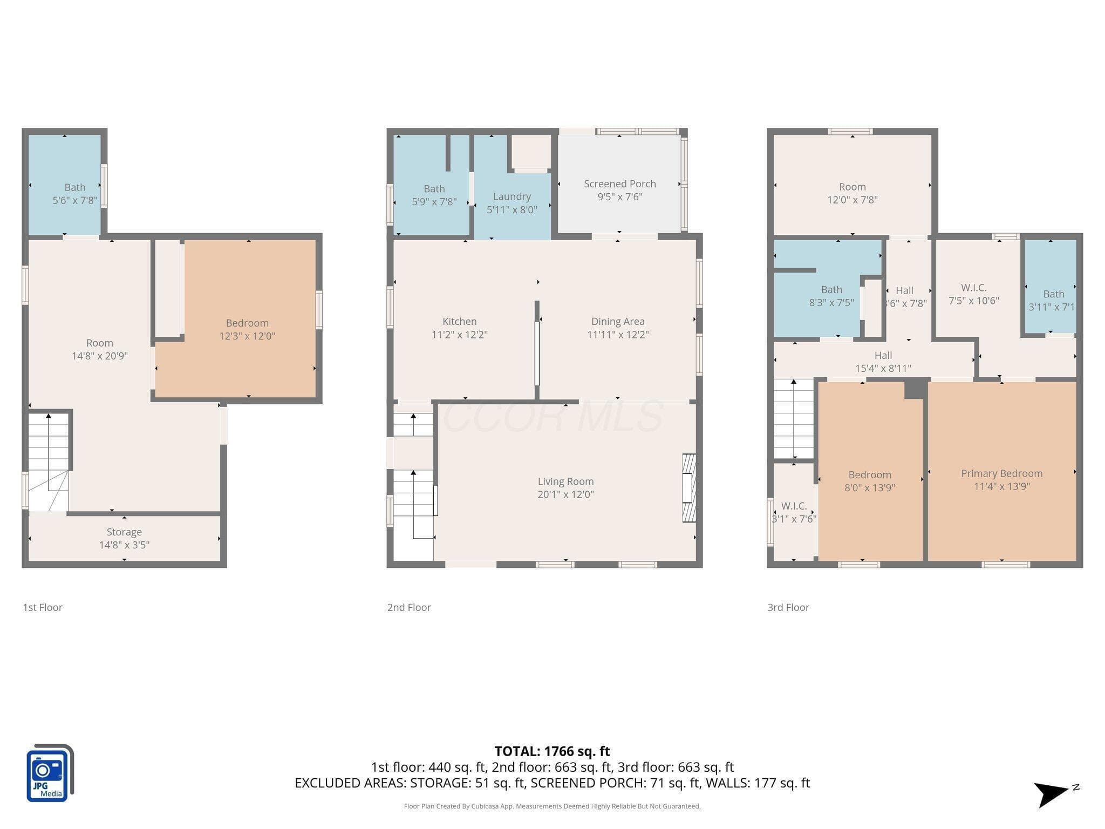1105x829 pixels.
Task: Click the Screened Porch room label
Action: click(x=620, y=184)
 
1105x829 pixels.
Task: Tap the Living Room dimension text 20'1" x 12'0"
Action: click(x=565, y=494)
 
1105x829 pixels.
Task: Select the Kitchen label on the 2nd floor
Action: click(x=460, y=322)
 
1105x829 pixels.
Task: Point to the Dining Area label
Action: click(x=618, y=322)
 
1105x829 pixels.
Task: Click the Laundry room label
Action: click(x=512, y=197)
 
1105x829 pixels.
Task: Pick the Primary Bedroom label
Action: click(x=1002, y=473)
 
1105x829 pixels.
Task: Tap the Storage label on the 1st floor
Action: click(x=124, y=532)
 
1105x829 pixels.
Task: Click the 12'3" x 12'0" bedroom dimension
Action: click(x=247, y=336)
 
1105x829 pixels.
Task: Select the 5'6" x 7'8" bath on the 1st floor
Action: click(x=65, y=185)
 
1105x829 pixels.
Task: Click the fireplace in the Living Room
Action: click(x=689, y=488)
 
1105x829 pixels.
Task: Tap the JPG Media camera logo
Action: click(x=50, y=772)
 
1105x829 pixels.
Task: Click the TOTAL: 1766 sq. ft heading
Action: click(x=552, y=751)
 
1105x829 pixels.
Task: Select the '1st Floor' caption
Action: click(x=43, y=608)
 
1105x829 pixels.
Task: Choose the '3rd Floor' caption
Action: click(x=788, y=608)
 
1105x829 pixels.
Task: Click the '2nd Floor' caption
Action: click(x=409, y=608)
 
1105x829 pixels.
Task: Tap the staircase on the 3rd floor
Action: click(x=794, y=419)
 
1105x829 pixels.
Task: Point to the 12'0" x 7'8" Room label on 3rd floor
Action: click(x=852, y=193)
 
